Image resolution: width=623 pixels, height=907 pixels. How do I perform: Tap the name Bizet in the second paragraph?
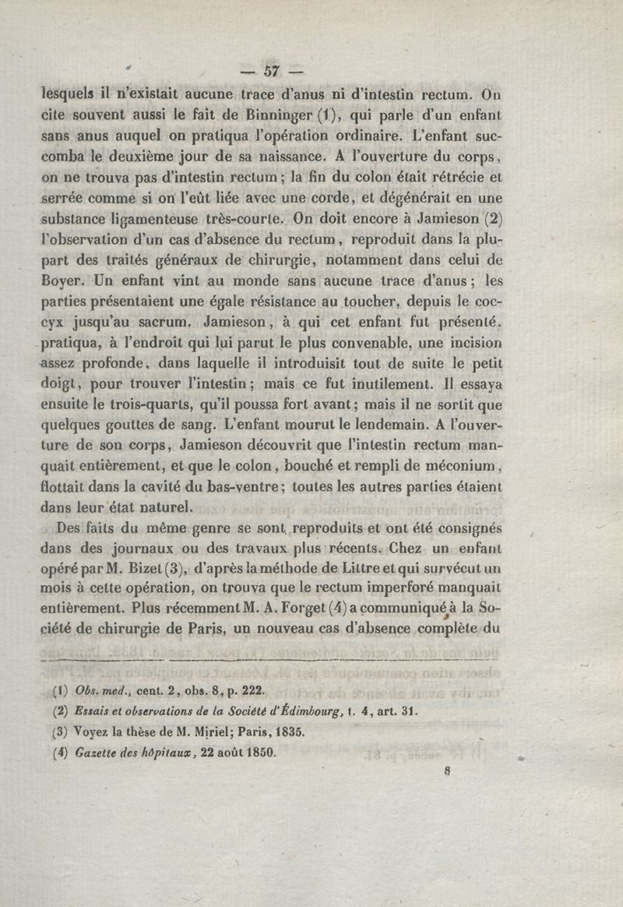[160, 567]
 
